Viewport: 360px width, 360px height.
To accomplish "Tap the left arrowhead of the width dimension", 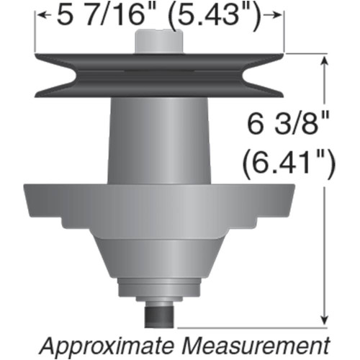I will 41,14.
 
